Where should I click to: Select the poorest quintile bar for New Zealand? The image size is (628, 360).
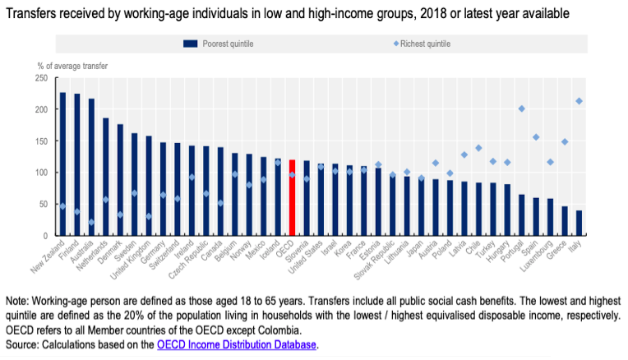(x=62, y=164)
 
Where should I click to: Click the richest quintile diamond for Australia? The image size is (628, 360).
(x=91, y=222)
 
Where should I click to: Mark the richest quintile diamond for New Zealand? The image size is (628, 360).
(x=62, y=206)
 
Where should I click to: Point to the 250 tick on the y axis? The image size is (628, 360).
(x=41, y=78)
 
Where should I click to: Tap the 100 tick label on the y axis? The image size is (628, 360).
(x=41, y=173)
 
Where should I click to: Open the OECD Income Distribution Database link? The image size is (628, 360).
(x=237, y=345)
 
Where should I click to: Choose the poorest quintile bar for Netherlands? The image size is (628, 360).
(x=105, y=177)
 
